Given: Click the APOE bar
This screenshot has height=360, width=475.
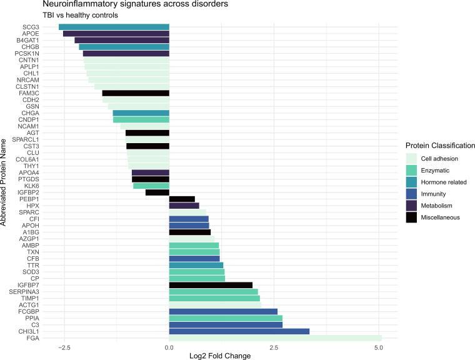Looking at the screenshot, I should pyautogui.click(x=116, y=34).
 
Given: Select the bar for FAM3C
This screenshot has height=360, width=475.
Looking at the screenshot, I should pyautogui.click(x=136, y=93).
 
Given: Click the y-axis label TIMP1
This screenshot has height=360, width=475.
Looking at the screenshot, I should pyautogui.click(x=29, y=299).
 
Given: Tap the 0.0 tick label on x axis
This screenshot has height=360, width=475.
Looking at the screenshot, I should pyautogui.click(x=169, y=348).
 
